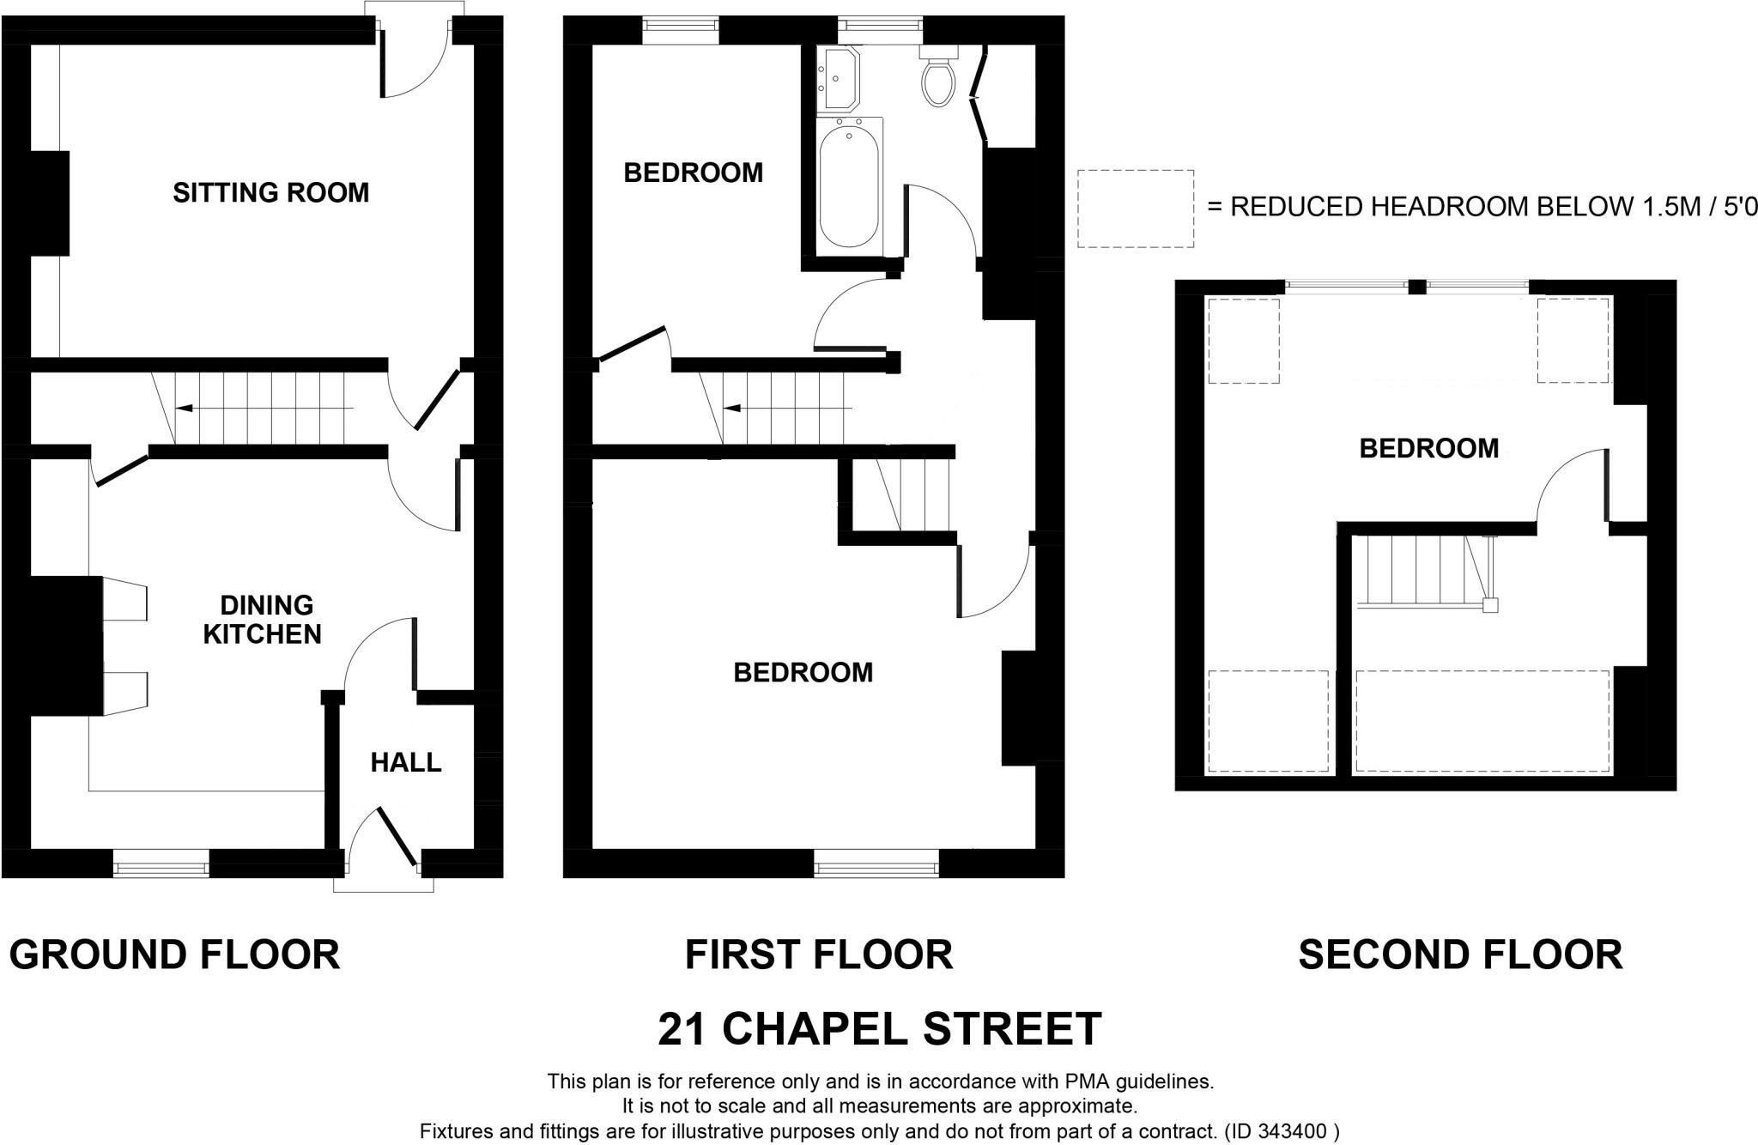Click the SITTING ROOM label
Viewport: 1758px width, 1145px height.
click(x=270, y=192)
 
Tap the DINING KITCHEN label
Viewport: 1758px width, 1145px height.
click(x=263, y=620)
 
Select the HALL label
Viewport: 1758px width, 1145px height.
click(x=405, y=762)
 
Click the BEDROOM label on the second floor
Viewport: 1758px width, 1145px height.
click(x=1428, y=448)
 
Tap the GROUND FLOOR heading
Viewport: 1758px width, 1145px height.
click(x=174, y=954)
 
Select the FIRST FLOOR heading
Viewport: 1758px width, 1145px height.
click(x=818, y=954)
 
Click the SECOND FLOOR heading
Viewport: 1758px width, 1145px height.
click(x=1459, y=954)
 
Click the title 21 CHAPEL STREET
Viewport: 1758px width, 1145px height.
click(x=879, y=1028)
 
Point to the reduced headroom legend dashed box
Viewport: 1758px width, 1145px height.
click(x=1135, y=209)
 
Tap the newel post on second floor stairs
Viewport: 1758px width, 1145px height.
click(x=1490, y=605)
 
